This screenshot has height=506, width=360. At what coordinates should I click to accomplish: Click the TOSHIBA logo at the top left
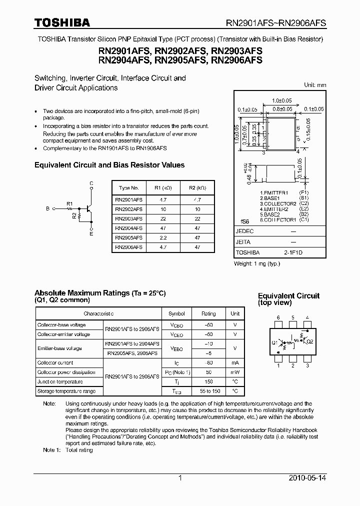62,22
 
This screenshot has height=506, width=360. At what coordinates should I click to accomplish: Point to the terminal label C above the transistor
91,183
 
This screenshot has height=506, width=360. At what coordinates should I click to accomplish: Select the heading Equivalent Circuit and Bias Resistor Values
109,165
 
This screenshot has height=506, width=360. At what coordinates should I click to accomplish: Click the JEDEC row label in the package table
245,231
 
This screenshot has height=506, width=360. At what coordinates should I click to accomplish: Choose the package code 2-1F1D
293,252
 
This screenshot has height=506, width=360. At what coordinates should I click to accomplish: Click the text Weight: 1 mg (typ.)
257,263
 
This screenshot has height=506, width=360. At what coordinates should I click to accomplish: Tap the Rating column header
208,313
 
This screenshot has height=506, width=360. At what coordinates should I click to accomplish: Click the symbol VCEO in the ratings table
176,334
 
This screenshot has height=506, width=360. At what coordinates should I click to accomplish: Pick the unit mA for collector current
235,362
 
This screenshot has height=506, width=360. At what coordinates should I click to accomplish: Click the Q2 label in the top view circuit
309,342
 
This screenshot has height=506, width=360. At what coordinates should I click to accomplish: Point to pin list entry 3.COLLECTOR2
278,203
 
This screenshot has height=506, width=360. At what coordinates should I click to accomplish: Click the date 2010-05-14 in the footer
307,478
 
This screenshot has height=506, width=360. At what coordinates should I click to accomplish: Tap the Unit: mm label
315,85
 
